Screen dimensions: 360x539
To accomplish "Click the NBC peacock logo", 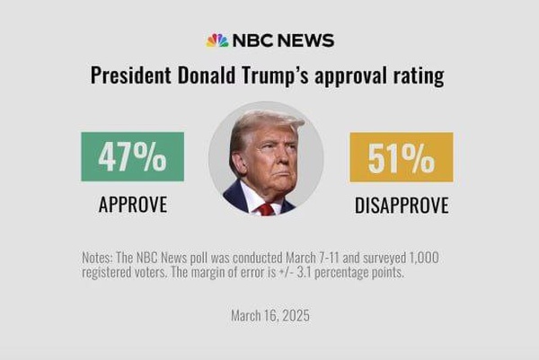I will coord(217,40).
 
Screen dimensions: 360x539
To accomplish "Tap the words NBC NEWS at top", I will coord(283,40).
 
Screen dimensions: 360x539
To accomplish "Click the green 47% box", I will coord(132,157).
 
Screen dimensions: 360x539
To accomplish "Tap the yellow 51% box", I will coord(401,157).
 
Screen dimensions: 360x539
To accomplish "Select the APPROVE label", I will coord(132,205).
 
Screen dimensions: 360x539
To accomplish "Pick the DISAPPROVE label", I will coord(401,205).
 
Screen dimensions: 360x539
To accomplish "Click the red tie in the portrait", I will coord(266,208).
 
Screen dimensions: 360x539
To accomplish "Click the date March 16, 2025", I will coord(269,316).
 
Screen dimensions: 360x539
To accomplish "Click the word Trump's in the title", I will coord(271,75).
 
